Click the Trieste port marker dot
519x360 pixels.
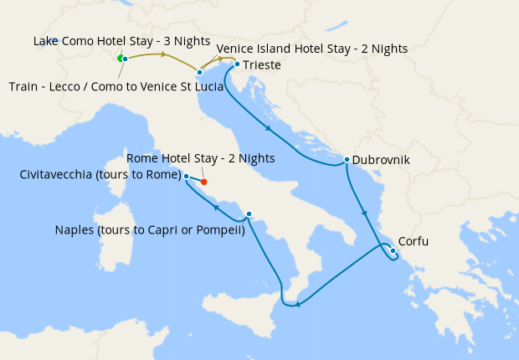(x=237, y=64)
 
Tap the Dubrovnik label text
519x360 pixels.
(x=381, y=159)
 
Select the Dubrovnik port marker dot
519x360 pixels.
(x=347, y=159)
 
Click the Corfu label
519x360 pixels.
(x=414, y=242)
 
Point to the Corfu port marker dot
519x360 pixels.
(x=393, y=249)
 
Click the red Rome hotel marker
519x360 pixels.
(x=203, y=182)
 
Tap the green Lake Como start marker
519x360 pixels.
(x=120, y=58)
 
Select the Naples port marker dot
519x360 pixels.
(x=249, y=213)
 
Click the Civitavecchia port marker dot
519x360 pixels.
(x=186, y=177)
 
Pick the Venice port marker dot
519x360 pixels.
(x=199, y=73)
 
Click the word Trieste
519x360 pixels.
(x=261, y=64)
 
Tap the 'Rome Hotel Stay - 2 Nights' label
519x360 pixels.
(x=200, y=158)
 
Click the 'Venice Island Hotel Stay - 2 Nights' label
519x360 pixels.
(x=312, y=49)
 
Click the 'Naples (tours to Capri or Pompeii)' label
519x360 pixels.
(x=149, y=230)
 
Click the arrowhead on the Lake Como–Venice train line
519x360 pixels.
(x=165, y=56)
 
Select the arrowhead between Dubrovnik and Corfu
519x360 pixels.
(x=364, y=214)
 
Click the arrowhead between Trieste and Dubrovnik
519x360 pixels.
(x=269, y=129)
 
